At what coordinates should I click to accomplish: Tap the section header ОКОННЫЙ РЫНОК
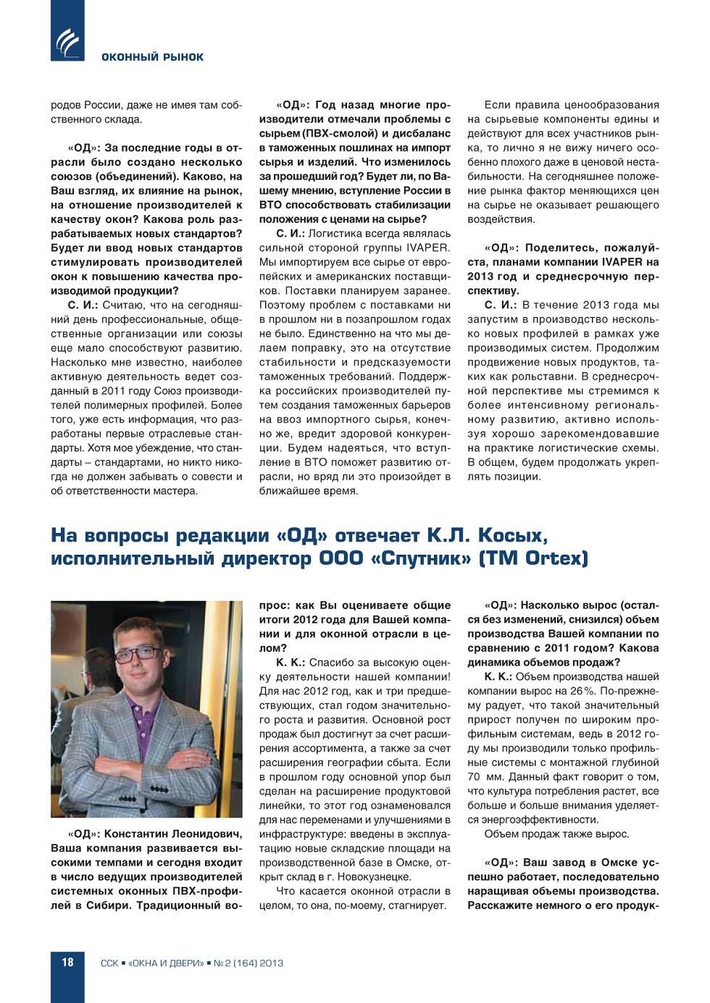tap(152, 57)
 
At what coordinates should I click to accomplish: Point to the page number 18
tap(67, 962)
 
